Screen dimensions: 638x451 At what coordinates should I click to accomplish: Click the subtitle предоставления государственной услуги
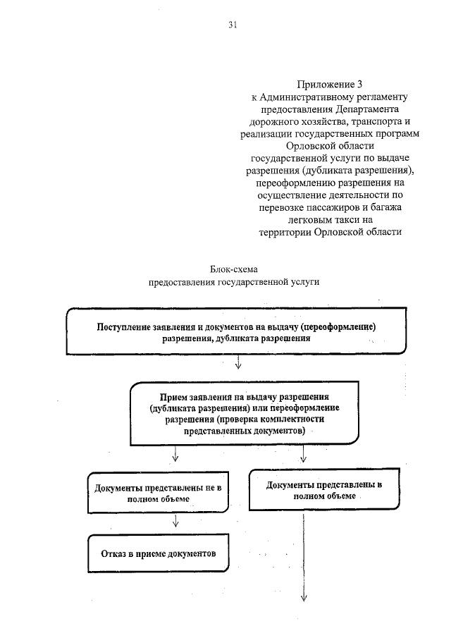(x=233, y=281)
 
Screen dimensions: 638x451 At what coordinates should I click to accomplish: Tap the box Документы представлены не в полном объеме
(x=158, y=492)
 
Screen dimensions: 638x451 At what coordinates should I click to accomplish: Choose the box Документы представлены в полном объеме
(x=325, y=491)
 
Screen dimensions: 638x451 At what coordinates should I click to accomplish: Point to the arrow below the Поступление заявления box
(x=238, y=362)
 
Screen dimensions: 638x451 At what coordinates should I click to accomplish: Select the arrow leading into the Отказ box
(x=175, y=522)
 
